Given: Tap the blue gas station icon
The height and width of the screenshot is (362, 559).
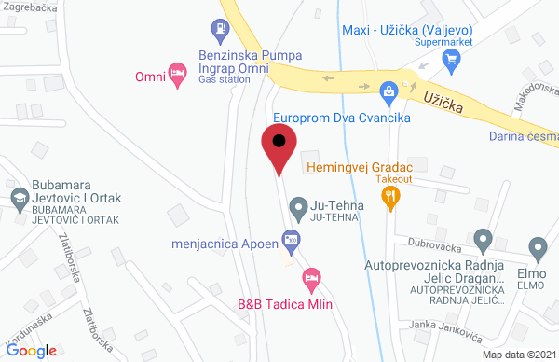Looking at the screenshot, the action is [221, 31].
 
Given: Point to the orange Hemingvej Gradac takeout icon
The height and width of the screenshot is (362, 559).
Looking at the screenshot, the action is [390, 196].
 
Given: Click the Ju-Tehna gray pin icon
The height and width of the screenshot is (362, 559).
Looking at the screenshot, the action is [298, 205].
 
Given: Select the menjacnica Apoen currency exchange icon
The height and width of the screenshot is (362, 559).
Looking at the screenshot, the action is [291, 240].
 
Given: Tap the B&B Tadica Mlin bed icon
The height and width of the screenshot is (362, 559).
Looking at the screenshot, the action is [312, 277].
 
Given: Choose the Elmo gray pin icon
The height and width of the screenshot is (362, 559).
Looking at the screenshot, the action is [537, 248].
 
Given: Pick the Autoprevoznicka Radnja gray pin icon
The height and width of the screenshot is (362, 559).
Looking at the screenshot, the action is [483, 241].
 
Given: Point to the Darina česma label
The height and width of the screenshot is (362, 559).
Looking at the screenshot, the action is [523, 138].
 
